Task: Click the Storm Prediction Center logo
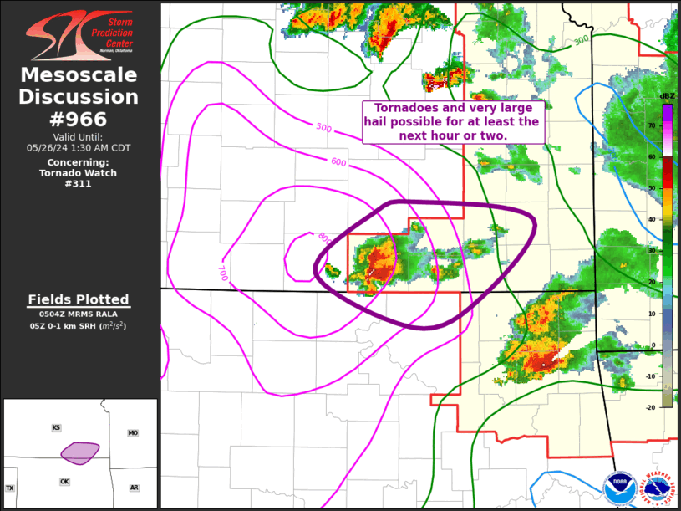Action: pos(79,34)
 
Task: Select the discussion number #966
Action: pos(79,119)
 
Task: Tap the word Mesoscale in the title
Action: pos(79,75)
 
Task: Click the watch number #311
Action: pos(79,184)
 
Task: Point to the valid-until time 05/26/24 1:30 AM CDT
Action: pos(79,147)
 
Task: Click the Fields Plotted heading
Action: pos(79,299)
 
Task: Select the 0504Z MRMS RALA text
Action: pos(79,314)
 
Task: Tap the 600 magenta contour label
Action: pos(338,161)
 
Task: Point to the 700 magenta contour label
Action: pos(222,273)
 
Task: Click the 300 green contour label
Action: pos(581,40)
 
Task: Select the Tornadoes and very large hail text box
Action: pos(452,121)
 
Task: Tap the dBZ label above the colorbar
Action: pos(667,96)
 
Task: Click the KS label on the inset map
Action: pos(56,427)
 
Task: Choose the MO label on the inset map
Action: pos(133,432)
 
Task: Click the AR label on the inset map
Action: pos(134,488)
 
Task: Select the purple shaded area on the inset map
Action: pos(79,452)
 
